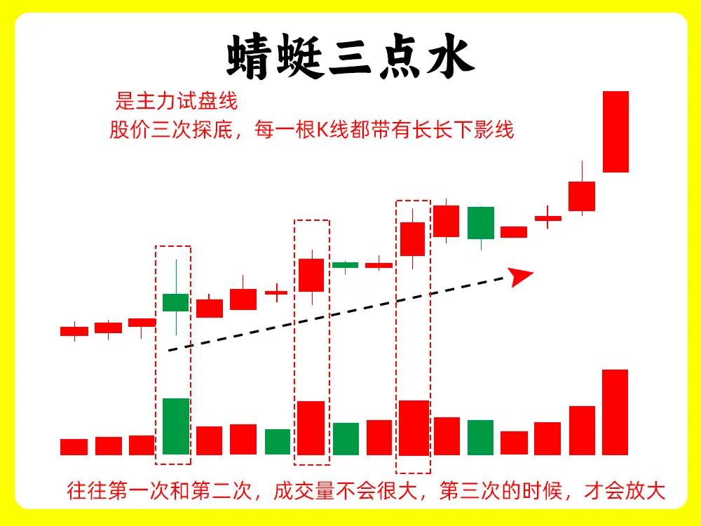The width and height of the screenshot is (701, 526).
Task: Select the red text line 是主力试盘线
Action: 176,100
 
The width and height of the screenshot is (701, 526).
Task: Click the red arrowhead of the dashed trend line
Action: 521,277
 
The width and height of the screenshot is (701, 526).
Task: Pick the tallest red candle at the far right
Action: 615,132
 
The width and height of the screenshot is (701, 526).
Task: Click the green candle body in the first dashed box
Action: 176,302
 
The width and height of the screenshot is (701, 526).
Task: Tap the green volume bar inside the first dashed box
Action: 176,426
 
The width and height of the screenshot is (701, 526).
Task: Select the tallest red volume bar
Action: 615,412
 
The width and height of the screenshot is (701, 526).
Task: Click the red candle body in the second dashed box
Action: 311,275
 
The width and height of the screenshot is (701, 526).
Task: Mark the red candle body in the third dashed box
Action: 412,239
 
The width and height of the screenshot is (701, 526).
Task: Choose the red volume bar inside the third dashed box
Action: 414,428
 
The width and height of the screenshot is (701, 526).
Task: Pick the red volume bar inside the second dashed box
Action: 311,428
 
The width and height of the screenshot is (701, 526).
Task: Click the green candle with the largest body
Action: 481,223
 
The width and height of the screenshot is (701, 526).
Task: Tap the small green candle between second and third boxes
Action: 345,265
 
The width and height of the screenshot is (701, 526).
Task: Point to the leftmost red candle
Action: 74,331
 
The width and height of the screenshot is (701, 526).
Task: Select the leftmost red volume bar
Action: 74,447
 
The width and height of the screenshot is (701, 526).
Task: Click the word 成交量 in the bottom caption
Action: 304,491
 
